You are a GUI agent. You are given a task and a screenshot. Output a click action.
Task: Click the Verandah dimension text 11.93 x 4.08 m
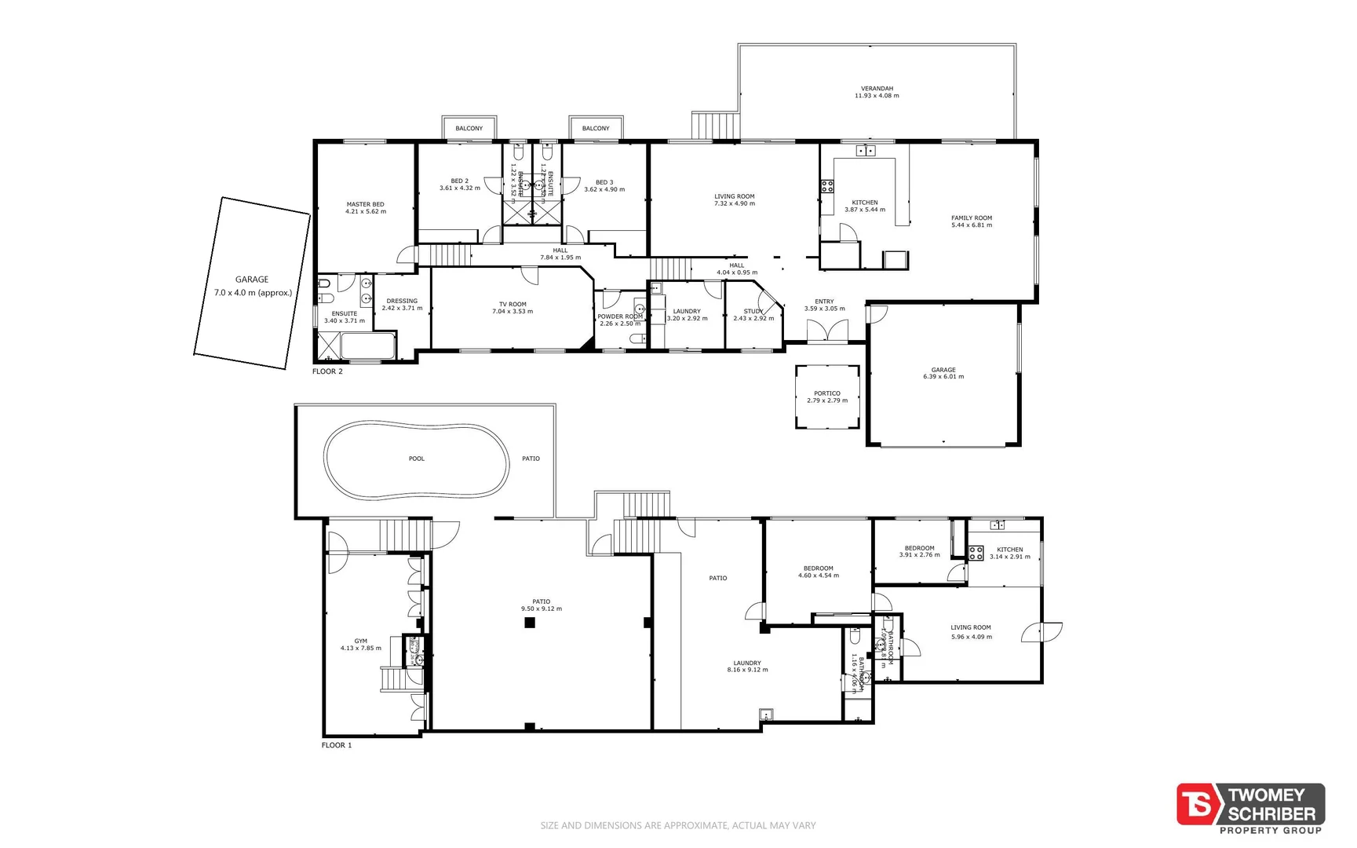[x=877, y=96]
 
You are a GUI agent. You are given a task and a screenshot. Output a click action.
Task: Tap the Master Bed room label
[x=365, y=204]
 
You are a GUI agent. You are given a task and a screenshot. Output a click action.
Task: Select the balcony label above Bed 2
[x=469, y=128]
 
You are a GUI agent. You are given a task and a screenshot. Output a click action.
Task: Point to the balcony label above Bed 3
[x=596, y=128]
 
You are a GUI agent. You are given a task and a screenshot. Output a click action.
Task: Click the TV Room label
[x=513, y=305]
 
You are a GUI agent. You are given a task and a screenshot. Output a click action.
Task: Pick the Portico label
[x=827, y=393]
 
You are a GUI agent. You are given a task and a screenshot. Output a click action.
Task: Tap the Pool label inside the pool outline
[x=417, y=459]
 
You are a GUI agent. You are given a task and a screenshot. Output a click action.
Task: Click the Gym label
[x=360, y=641]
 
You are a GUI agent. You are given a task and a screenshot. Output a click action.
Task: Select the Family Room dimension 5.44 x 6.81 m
[x=972, y=225]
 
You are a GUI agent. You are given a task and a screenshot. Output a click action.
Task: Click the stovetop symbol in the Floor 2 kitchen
[x=827, y=186]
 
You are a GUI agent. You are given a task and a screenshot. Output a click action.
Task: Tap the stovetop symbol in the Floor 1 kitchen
[x=976, y=553]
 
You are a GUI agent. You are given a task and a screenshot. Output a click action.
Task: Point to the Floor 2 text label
[x=327, y=371]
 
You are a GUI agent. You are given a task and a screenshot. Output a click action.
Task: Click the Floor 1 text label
[x=337, y=745]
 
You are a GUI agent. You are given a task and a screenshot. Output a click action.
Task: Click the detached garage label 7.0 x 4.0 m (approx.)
[x=253, y=293]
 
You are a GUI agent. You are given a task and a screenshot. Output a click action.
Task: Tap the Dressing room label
[x=402, y=301]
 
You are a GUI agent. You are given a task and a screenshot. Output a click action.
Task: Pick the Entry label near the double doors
[x=824, y=302]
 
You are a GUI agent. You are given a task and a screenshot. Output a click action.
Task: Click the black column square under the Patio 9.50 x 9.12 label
[x=530, y=623]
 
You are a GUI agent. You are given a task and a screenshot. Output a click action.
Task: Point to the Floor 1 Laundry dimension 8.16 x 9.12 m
[x=747, y=670]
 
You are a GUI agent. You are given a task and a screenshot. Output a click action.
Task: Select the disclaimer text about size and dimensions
[x=678, y=825]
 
